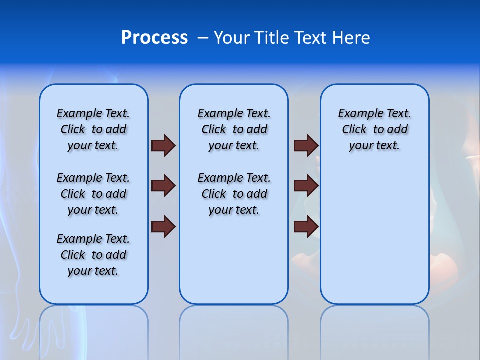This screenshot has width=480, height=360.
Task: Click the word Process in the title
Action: click(154, 38)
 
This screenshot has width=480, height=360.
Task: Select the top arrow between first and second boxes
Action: click(163, 145)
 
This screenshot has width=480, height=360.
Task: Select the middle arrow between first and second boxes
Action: click(163, 186)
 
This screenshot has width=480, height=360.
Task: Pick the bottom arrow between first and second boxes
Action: click(163, 227)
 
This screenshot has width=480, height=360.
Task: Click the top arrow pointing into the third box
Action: click(306, 145)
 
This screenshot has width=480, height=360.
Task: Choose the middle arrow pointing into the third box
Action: click(306, 186)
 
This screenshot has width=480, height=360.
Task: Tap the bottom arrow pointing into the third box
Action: click(306, 227)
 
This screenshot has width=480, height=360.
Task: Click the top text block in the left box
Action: click(93, 129)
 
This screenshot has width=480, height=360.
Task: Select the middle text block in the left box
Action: click(93, 194)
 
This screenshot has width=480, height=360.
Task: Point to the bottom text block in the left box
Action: click(93, 255)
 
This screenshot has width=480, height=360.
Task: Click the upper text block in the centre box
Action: click(234, 129)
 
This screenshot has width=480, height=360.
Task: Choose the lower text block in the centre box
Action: click(234, 194)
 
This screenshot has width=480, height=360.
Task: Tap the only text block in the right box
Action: click(374, 129)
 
